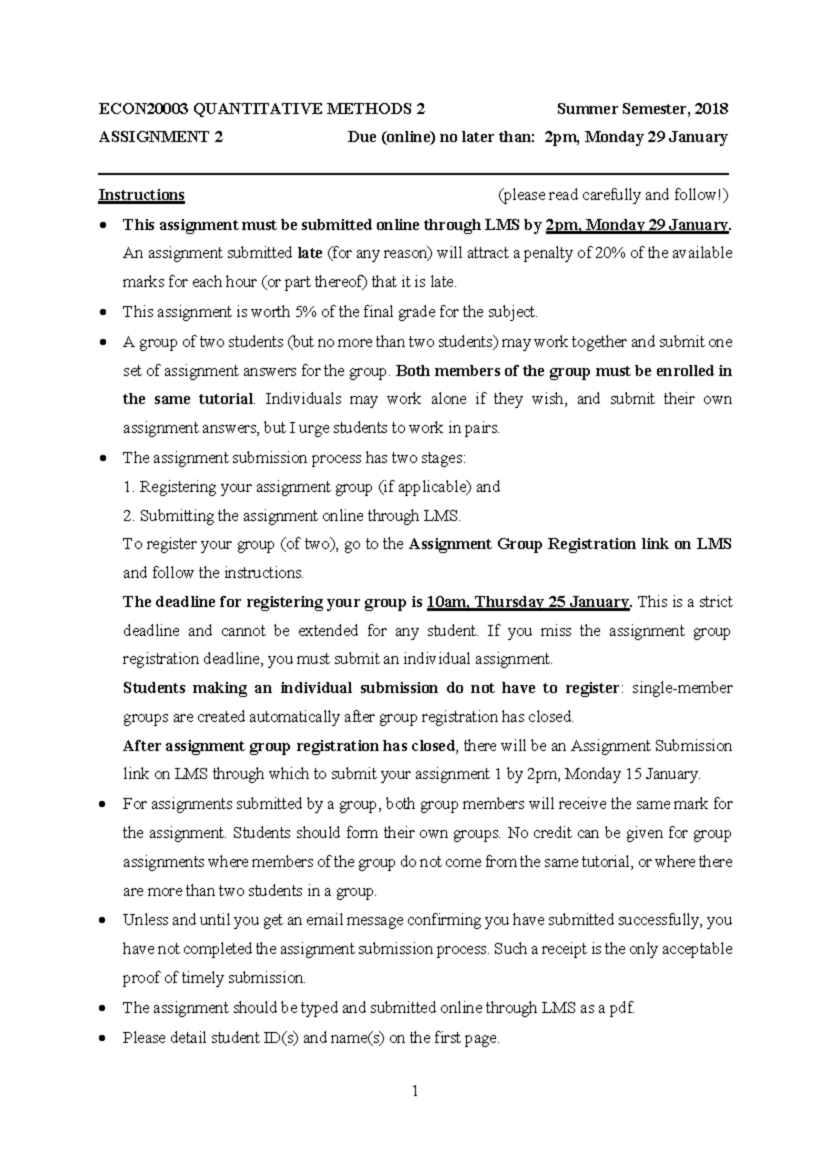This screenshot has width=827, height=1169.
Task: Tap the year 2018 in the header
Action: pos(711,109)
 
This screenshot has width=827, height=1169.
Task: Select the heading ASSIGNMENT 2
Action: pos(161,136)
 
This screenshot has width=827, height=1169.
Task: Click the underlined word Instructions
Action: pos(141,195)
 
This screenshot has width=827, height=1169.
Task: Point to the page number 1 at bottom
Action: pos(414,1090)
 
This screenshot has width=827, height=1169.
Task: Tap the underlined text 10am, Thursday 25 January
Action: pos(528,602)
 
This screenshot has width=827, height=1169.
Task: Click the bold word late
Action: pos(309,253)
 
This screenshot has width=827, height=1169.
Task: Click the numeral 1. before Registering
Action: pos(128,487)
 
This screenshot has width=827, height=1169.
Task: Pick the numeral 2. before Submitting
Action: pos(129,516)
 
